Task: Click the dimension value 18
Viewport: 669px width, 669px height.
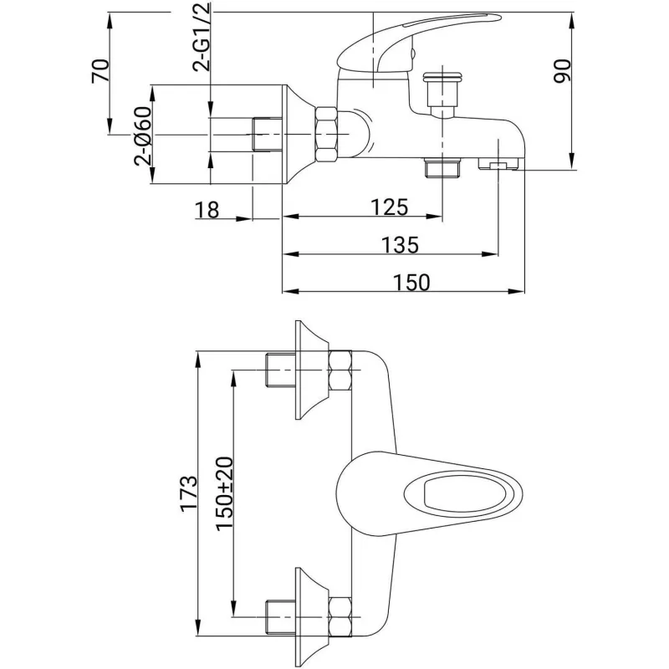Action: [207, 209]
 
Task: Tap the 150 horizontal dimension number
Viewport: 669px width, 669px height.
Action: [411, 283]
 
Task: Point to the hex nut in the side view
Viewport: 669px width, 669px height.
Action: [327, 134]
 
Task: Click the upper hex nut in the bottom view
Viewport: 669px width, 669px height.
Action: [342, 372]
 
